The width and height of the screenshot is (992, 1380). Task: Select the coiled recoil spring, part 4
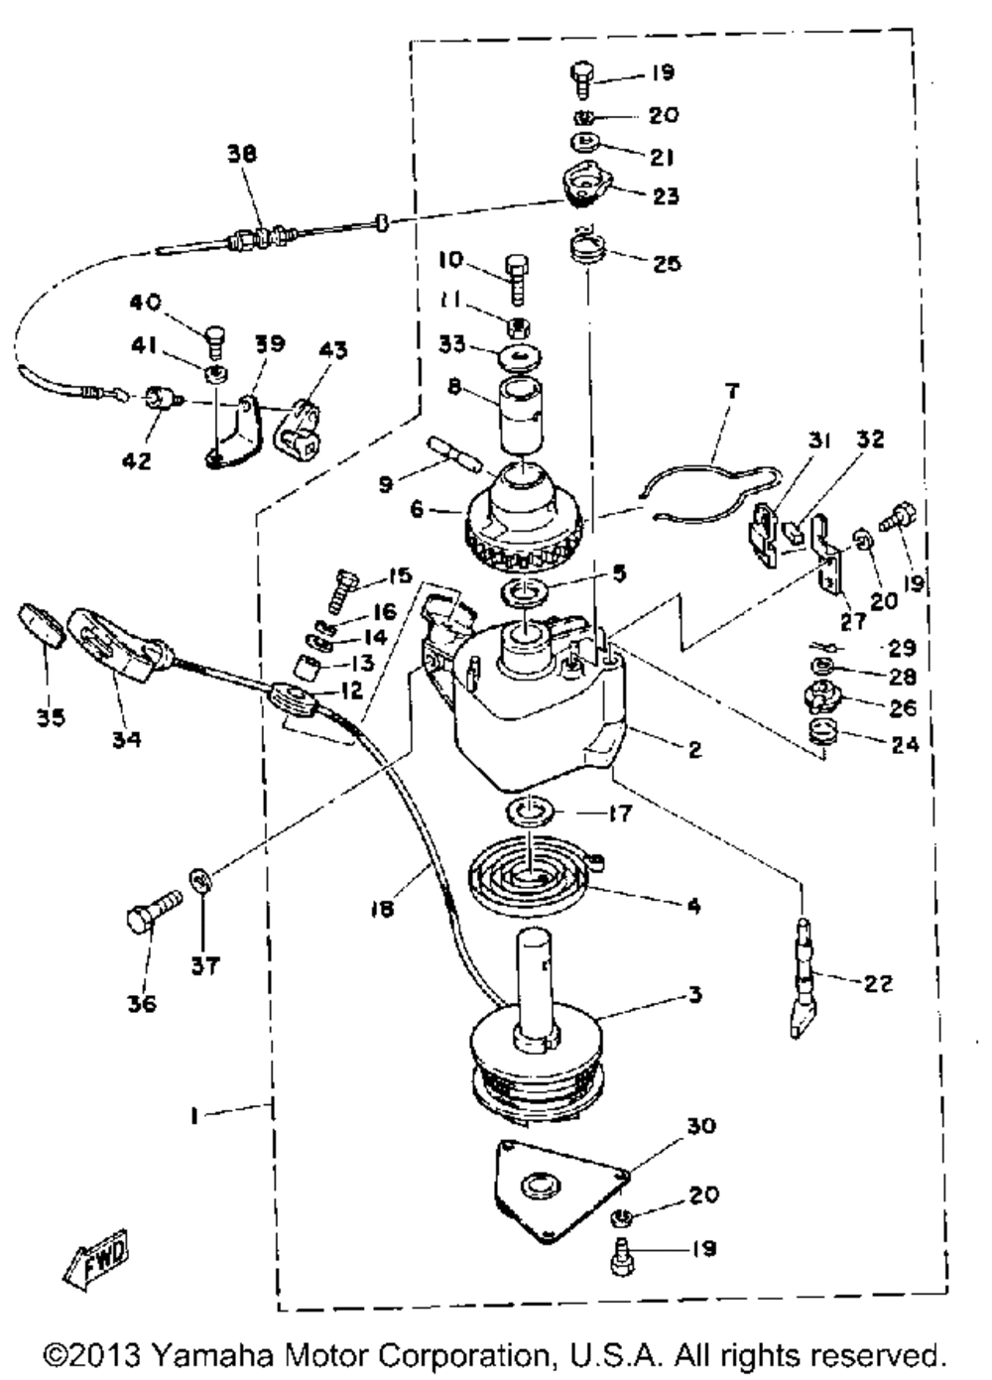click(532, 870)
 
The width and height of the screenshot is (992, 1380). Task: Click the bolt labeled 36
click(151, 910)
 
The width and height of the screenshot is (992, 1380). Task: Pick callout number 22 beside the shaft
click(878, 983)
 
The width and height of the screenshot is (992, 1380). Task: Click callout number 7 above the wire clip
click(731, 392)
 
